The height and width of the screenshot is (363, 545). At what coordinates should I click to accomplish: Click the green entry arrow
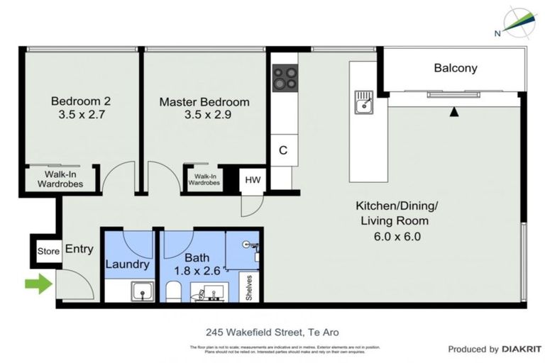(x=38, y=285)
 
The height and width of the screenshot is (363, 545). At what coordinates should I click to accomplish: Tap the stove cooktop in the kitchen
(x=285, y=77)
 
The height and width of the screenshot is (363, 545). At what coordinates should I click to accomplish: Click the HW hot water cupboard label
(x=253, y=180)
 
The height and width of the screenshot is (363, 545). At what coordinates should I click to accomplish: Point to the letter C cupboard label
(x=282, y=150)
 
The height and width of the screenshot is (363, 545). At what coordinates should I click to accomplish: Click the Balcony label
(x=455, y=69)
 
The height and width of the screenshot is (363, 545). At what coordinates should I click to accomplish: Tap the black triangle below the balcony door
(x=454, y=112)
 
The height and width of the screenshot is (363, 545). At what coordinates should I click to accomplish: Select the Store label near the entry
(x=48, y=251)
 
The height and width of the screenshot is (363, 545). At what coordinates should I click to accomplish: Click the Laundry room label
(x=128, y=264)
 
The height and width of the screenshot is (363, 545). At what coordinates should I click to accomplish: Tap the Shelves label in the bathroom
(x=249, y=287)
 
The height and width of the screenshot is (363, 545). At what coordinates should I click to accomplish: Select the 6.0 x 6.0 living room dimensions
(x=397, y=237)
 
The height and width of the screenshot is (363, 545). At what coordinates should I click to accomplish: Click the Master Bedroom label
(x=204, y=101)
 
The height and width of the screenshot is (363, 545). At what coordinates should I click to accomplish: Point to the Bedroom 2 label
(x=80, y=101)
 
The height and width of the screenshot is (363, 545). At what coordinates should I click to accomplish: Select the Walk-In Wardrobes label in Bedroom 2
(x=60, y=180)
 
